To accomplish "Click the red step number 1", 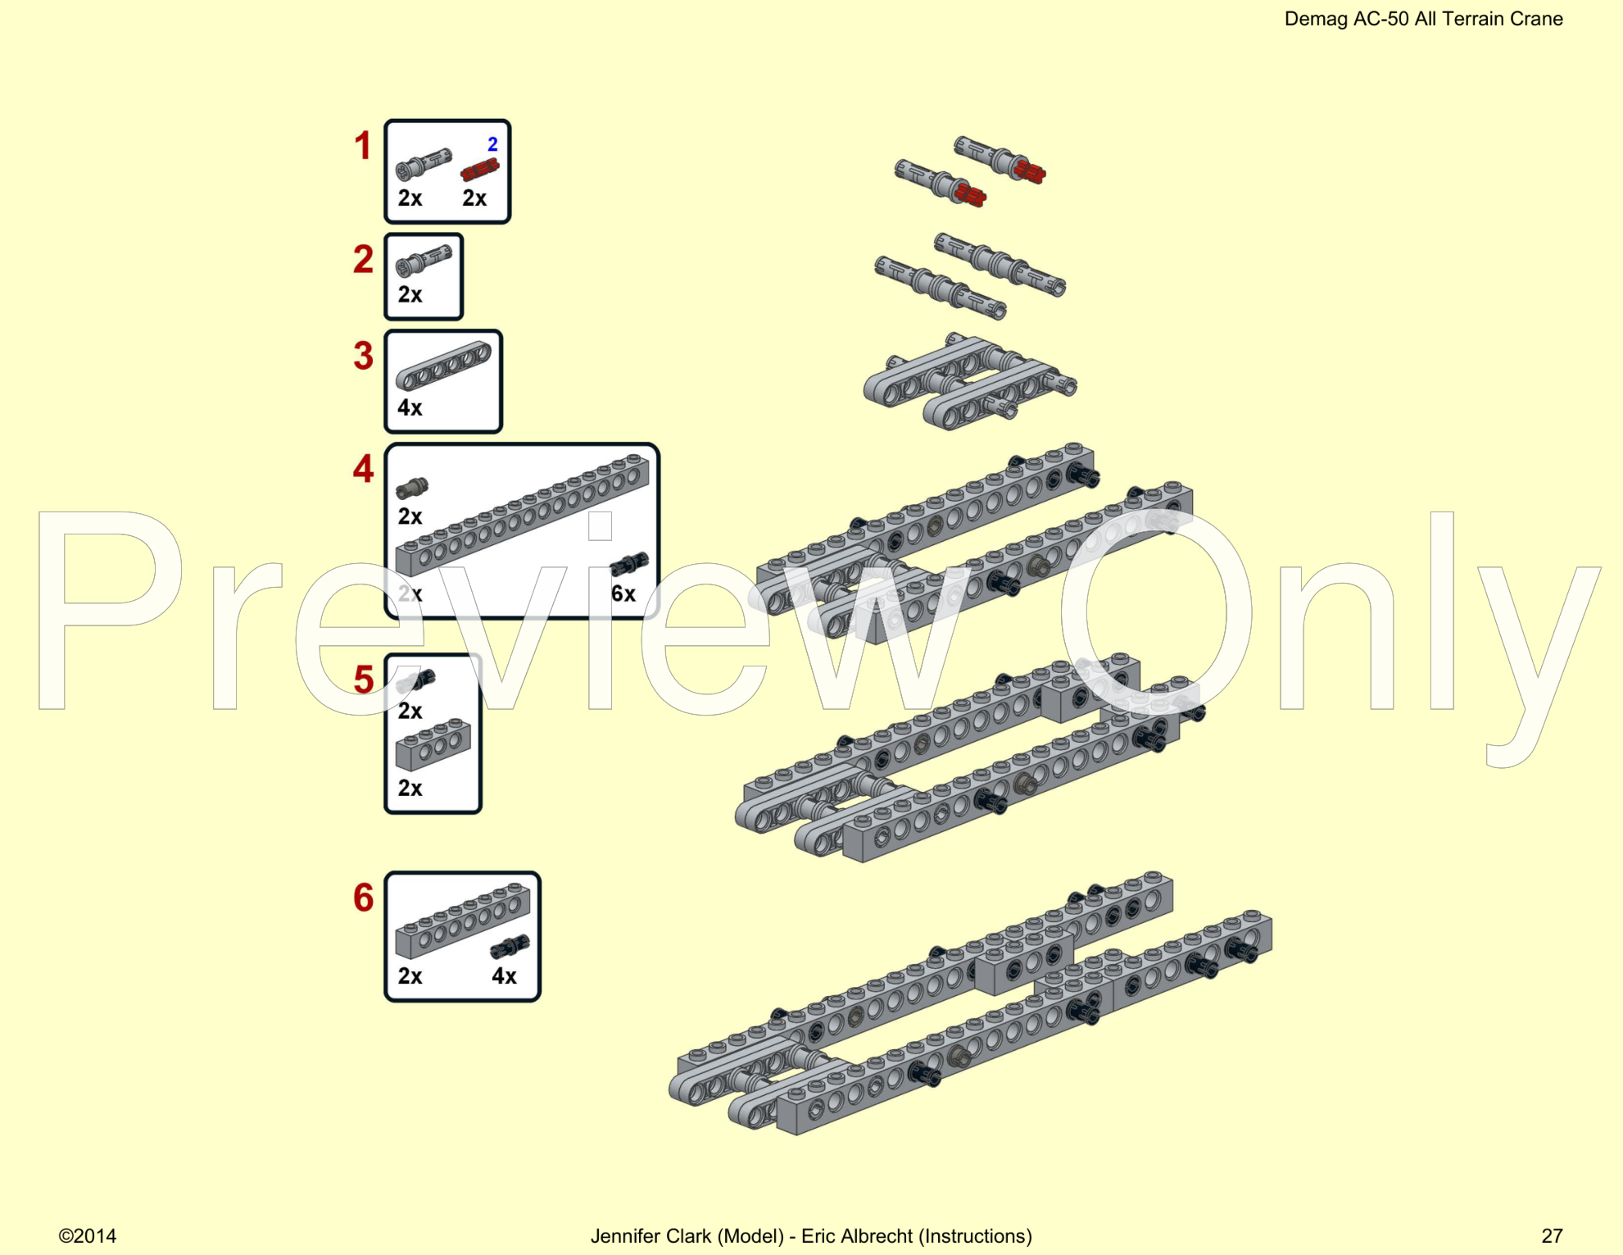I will coord(362,146).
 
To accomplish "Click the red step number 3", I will coord(363,356).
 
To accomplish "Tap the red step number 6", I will coord(363,898).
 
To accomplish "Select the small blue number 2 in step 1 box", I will coord(492,144).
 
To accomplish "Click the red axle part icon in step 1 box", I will coord(479,171).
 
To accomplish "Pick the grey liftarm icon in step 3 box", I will coord(443,365).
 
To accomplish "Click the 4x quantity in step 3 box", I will coord(410,407).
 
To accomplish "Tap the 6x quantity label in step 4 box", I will coord(623,593).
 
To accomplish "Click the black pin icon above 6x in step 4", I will coord(629,564).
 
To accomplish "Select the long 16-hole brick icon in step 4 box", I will coord(522,515).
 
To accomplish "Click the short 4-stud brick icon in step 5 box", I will coord(433,745).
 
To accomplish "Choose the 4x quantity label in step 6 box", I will coord(504,975).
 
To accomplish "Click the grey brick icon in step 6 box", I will coord(462,920).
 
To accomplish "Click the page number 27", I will coord(1552,1235).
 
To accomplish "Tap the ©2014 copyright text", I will coord(87,1235).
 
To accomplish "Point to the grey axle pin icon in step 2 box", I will coord(424,261).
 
